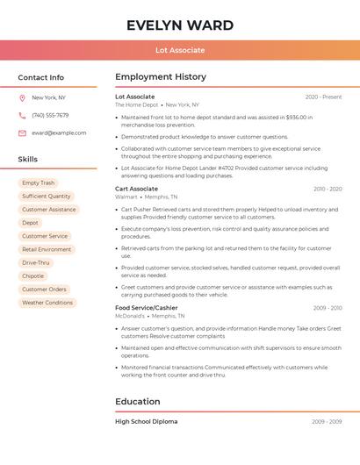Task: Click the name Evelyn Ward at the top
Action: click(179, 25)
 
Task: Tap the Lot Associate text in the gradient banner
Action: click(179, 50)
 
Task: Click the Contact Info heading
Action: click(40, 77)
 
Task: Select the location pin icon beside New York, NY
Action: click(22, 98)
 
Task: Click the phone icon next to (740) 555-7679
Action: click(22, 116)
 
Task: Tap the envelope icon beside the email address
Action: click(22, 133)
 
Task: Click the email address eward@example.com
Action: click(59, 133)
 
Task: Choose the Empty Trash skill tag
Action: click(38, 183)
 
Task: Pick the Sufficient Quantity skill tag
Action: click(47, 197)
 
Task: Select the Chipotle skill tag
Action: click(32, 276)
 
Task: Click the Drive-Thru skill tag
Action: click(36, 262)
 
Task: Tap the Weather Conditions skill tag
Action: click(47, 303)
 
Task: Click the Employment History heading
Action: click(160, 77)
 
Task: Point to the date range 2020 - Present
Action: click(323, 97)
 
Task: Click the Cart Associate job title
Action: click(136, 189)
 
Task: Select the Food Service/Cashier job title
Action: click(146, 308)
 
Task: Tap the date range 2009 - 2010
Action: click(327, 308)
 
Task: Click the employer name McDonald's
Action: click(130, 316)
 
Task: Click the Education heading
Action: click(137, 402)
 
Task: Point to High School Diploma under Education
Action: click(146, 422)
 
